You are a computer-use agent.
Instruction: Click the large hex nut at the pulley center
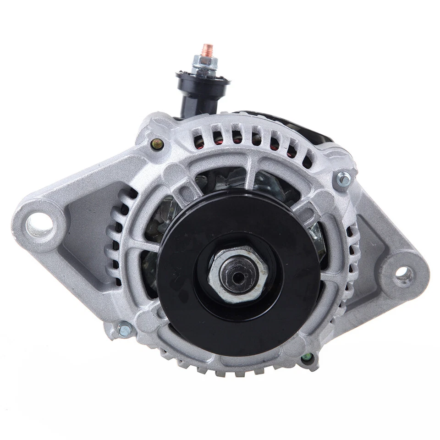238,273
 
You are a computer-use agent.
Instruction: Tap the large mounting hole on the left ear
39,224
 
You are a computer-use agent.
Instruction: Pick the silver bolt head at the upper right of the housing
343,179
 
